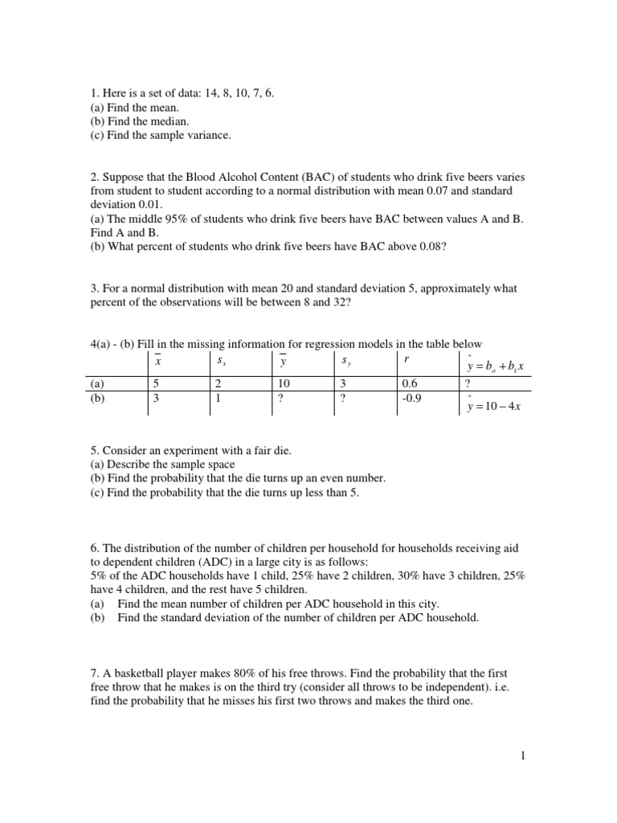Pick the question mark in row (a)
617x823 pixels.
(468, 384)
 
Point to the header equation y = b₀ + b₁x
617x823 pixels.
(494, 366)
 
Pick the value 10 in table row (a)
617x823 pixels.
(284, 384)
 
